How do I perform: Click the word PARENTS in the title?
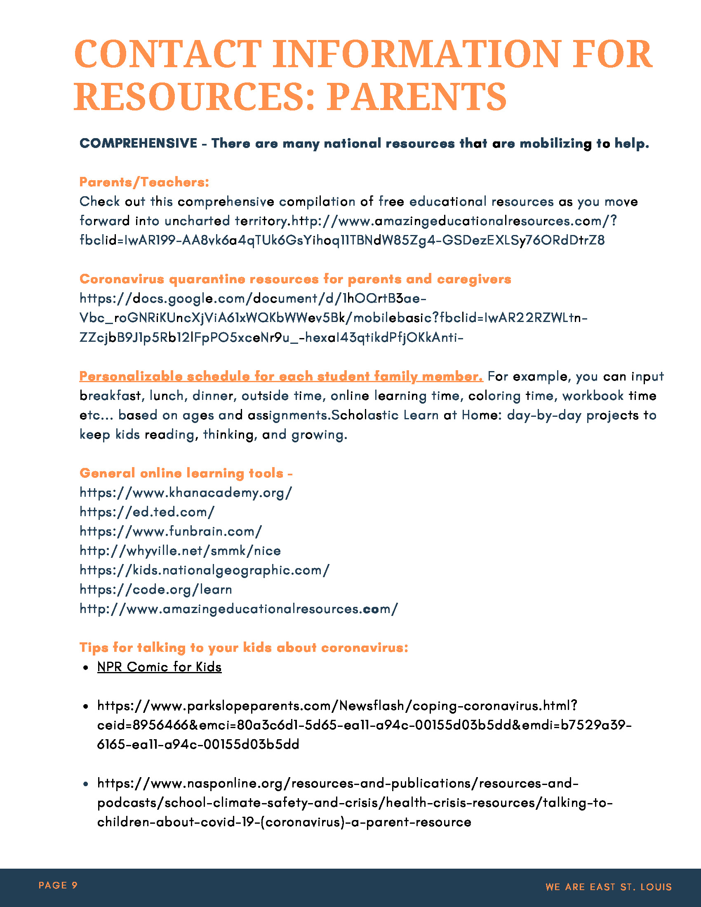tap(416, 96)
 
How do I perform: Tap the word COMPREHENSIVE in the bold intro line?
tap(138, 143)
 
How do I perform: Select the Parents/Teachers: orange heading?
tap(144, 182)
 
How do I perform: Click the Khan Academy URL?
tap(186, 493)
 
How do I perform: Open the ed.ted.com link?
tap(147, 512)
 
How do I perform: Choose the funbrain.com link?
tap(171, 531)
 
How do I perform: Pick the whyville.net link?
tap(180, 551)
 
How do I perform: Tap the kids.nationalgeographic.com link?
tap(204, 570)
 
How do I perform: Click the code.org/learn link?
tap(156, 589)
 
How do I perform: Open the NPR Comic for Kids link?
tap(159, 667)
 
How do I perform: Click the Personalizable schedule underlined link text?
tap(281, 376)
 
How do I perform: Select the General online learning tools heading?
tap(186, 473)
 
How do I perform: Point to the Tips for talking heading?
tap(244, 647)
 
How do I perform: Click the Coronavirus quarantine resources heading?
tap(295, 279)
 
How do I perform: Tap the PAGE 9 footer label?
tap(58, 885)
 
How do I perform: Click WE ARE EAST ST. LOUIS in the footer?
tap(608, 887)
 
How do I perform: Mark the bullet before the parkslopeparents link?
tap(85, 706)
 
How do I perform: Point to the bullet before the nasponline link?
tap(85, 784)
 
